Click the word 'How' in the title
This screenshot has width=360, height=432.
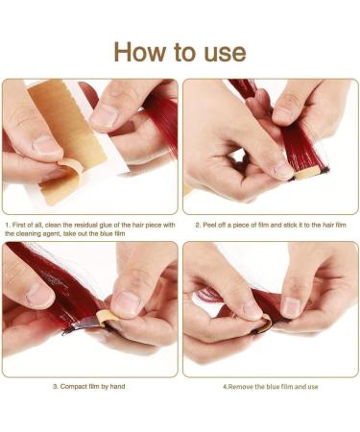click(x=142, y=51)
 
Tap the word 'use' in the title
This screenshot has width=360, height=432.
click(x=222, y=51)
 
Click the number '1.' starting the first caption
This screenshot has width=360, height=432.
click(x=8, y=225)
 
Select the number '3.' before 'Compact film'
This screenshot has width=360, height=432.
click(x=56, y=386)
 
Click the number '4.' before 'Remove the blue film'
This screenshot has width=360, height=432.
click(x=227, y=386)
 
